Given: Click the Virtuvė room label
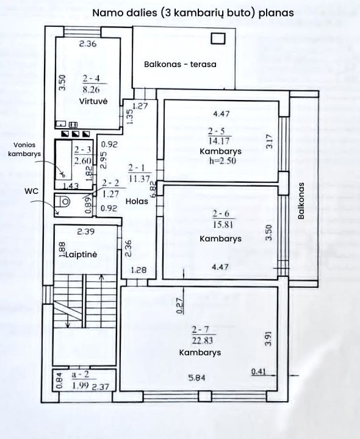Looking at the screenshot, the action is pyautogui.click(x=93, y=101).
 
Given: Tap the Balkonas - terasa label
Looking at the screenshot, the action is pyautogui.click(x=180, y=64).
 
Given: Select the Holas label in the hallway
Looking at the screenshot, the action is pyautogui.click(x=137, y=201).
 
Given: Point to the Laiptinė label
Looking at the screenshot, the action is pyautogui.click(x=81, y=254).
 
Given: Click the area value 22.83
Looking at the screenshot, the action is pyautogui.click(x=203, y=341).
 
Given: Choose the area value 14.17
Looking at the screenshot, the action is pyautogui.click(x=219, y=140).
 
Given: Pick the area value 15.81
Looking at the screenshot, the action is pyautogui.click(x=223, y=224).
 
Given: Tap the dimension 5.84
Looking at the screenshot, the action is pyautogui.click(x=196, y=378).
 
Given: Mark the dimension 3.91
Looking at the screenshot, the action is pyautogui.click(x=268, y=338).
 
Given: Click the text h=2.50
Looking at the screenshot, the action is pyautogui.click(x=223, y=161).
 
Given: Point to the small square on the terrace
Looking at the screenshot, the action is pyautogui.click(x=218, y=38).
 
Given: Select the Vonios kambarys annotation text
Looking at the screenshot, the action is pyautogui.click(x=24, y=149).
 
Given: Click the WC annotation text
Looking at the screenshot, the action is pyautogui.click(x=31, y=191).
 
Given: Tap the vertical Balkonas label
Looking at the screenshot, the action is pyautogui.click(x=301, y=201).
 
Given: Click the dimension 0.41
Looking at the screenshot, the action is pyautogui.click(x=258, y=371).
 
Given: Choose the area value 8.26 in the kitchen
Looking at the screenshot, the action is pyautogui.click(x=92, y=90).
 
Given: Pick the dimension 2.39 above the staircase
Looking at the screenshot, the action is pyautogui.click(x=85, y=232).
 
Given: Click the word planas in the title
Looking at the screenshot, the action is pyautogui.click(x=276, y=13).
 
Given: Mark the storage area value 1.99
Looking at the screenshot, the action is pyautogui.click(x=81, y=385).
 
